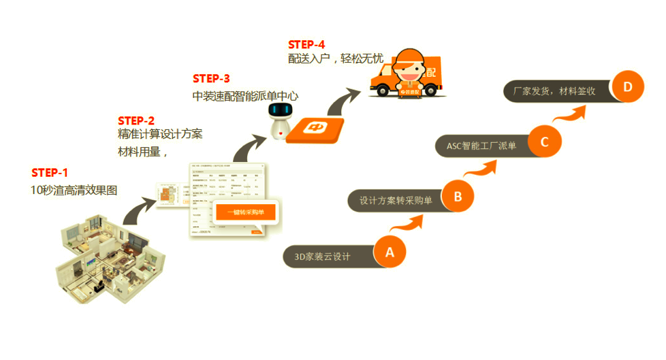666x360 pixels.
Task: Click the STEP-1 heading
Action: click(50, 173)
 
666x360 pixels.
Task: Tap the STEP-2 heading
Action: click(136, 120)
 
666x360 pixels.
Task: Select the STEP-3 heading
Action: click(211, 78)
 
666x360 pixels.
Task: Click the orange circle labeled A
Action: click(390, 252)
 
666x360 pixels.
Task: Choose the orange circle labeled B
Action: click(458, 197)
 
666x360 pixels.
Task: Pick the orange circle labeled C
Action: click(544, 142)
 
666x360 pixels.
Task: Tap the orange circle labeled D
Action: click(627, 86)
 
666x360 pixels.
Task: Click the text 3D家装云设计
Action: click(322, 257)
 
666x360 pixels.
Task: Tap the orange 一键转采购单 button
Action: click(245, 213)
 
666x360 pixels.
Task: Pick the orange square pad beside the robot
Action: click(314, 129)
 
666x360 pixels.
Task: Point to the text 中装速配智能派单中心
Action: click(245, 96)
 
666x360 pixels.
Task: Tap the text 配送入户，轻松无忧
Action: click(336, 59)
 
